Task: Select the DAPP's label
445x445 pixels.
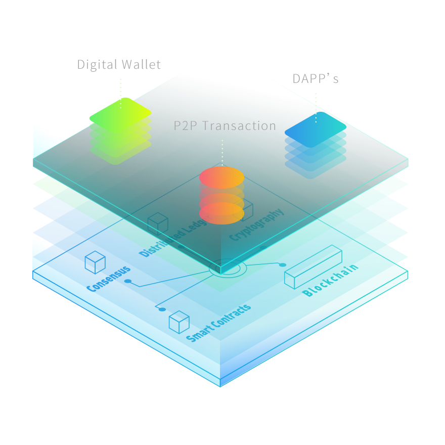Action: click(x=316, y=79)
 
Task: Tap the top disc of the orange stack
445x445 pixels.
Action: click(x=221, y=177)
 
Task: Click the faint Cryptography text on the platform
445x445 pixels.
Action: click(x=257, y=225)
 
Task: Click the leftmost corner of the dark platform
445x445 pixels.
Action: click(x=33, y=162)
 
